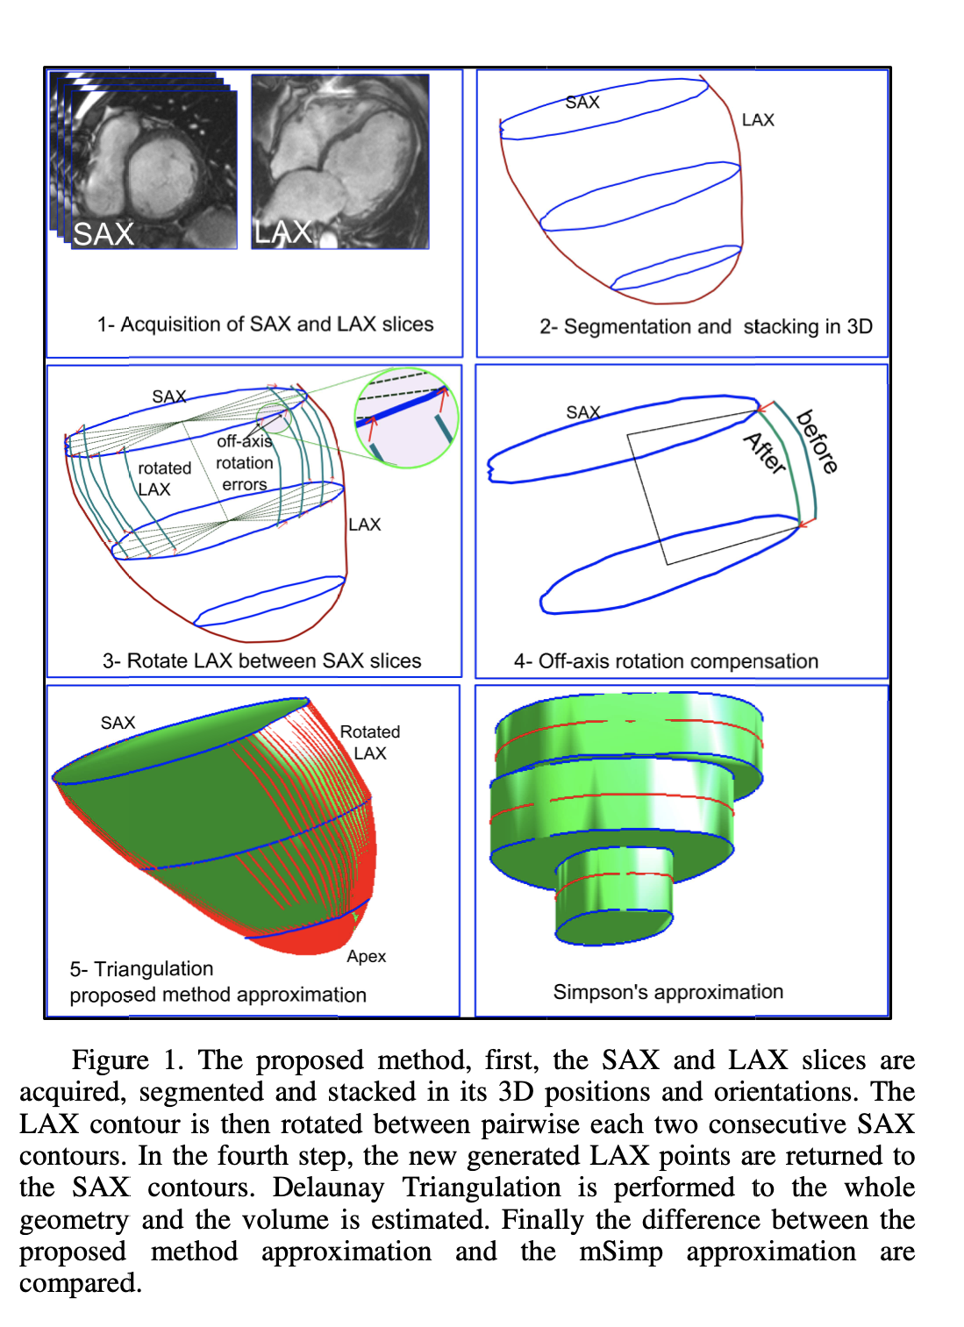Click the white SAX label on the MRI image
tap(104, 234)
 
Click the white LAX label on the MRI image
tap(283, 232)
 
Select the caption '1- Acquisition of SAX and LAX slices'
tap(265, 325)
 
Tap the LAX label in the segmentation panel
tap(758, 120)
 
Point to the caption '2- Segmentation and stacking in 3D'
tap(706, 327)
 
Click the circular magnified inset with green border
tap(406, 417)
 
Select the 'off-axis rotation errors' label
tap(245, 462)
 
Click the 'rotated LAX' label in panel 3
tap(163, 479)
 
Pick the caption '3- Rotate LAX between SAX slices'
tap(261, 661)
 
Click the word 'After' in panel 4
tap(765, 453)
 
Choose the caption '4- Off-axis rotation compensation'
tap(666, 661)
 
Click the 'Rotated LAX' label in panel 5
tap(369, 742)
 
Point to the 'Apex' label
tap(366, 956)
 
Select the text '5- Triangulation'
tap(141, 969)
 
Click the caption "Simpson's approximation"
tap(668, 992)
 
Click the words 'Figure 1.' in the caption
tap(127, 1060)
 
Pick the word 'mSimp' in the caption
tap(621, 1252)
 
